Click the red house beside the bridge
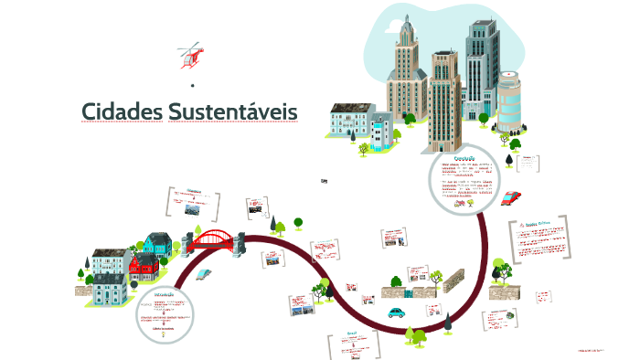click(x=144, y=266)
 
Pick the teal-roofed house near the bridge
click(x=157, y=243)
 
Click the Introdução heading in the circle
click(x=166, y=295)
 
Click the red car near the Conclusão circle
click(x=512, y=197)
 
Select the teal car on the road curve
click(x=396, y=312)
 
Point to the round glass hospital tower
click(x=510, y=101)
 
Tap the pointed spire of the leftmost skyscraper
click(x=403, y=20)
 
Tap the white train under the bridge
click(x=204, y=272)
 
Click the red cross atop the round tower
click(x=509, y=69)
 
